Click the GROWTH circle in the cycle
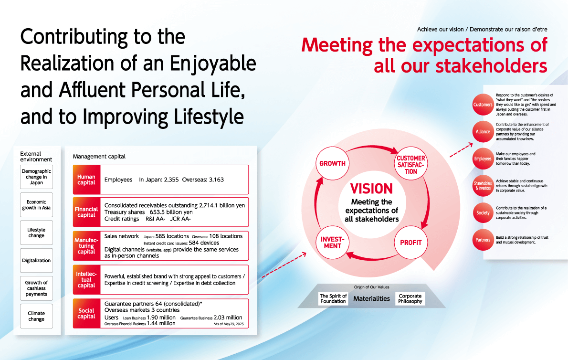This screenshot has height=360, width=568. [x=332, y=163]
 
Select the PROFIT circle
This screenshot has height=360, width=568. [x=411, y=242]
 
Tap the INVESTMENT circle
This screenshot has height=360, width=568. [x=332, y=242]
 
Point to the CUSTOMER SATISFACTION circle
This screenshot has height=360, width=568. [x=411, y=163]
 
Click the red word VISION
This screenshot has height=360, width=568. [x=371, y=189]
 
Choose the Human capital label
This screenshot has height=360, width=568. [x=86, y=180]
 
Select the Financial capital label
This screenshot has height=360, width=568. [x=86, y=212]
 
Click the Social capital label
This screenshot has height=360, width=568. [x=86, y=313]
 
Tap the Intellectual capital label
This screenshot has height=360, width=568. [x=86, y=280]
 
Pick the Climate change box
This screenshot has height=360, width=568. [x=36, y=316]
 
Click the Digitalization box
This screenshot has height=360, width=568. [x=36, y=260]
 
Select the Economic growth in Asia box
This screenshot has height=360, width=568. [x=36, y=205]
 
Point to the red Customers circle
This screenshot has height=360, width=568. [x=483, y=105]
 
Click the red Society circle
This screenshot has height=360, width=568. [x=483, y=212]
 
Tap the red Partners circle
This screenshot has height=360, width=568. [x=483, y=240]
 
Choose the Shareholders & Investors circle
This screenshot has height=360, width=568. [x=483, y=186]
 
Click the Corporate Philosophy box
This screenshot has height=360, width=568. [x=410, y=299]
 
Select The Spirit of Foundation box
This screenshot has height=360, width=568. [x=333, y=299]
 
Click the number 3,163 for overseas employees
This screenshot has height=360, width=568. [x=216, y=180]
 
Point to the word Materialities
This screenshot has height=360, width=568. [x=372, y=299]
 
